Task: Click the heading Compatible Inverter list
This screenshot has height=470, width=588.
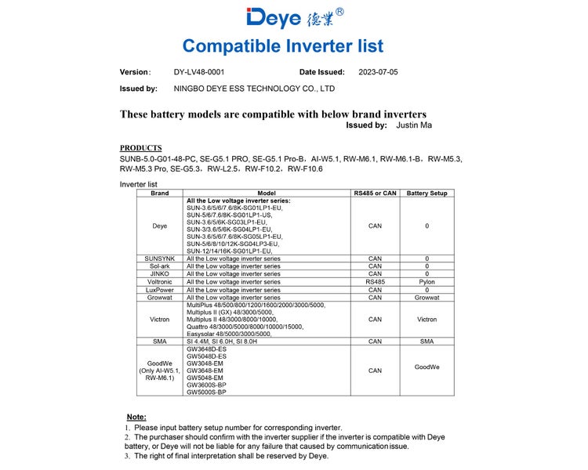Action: coord(294,45)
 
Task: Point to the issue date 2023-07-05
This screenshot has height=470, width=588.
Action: coord(378,72)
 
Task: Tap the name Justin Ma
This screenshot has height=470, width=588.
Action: coord(414,125)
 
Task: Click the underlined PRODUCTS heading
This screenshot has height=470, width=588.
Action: coord(141,148)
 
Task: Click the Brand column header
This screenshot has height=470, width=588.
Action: coord(160,193)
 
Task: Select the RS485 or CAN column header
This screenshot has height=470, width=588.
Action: coord(375,193)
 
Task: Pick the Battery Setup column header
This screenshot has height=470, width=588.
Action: coord(426,193)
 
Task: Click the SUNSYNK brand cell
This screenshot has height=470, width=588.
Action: coord(160,258)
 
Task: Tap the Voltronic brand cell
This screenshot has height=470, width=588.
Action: coord(160,281)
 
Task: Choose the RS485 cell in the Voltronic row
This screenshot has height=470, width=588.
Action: coord(375,281)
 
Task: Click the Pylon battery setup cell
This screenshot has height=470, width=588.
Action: coord(426,281)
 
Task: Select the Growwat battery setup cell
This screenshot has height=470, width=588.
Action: coord(426,298)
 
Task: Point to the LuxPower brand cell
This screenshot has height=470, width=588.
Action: coord(160,290)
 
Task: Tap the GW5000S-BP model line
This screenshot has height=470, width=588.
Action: coord(206,392)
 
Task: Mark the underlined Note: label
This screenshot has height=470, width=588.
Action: coord(136,417)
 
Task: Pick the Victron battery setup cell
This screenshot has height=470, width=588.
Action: coord(426,320)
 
